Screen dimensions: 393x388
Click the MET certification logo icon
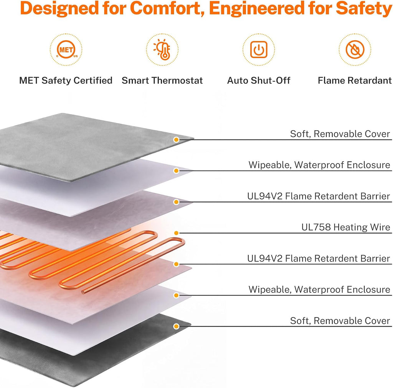coord(66,49)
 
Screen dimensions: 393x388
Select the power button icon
coord(258,49)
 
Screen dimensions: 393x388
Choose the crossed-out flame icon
coord(355,49)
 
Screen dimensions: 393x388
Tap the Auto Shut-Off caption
coord(258,80)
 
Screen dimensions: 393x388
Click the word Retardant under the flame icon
coord(370,80)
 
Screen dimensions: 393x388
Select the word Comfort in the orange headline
coord(167,8)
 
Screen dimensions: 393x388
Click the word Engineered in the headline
coord(256,9)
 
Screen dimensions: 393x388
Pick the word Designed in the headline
coord(59,9)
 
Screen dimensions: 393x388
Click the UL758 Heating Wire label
coord(346,227)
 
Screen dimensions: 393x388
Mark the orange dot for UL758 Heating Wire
coord(176,233)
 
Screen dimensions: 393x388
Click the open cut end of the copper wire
coord(83,291)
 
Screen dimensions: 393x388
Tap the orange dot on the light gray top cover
coord(176,139)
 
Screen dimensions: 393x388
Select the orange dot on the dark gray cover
coord(176,326)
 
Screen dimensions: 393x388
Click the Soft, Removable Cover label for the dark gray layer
coord(340,321)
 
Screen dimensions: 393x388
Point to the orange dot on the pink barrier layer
coord(176,264)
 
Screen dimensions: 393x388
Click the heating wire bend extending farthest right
coord(183,242)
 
